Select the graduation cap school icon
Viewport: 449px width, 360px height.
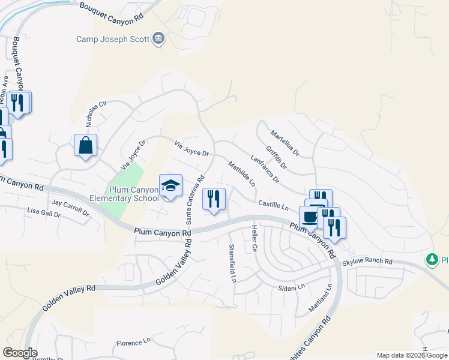(170, 185)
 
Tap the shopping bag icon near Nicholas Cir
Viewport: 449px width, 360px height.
(85, 145)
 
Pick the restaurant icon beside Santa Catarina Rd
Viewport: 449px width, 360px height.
(214, 199)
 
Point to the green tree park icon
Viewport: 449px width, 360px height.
(431, 260)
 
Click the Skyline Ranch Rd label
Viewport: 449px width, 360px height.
(367, 262)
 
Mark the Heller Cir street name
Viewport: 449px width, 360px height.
(255, 238)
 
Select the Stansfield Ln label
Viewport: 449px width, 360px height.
(232, 263)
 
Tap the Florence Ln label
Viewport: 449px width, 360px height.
(133, 343)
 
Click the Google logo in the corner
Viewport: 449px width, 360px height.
(20, 353)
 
